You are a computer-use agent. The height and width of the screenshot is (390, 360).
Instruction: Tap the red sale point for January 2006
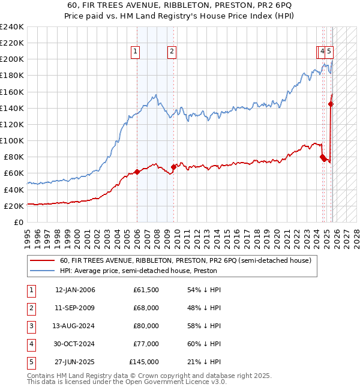click(137, 172)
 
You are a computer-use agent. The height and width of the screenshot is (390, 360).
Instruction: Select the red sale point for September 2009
click(173, 167)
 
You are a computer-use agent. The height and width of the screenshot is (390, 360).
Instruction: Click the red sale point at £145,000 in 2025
click(331, 104)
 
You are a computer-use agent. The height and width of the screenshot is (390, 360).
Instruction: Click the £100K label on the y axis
click(12, 140)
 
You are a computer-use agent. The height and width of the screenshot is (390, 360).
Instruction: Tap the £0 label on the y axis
click(18, 222)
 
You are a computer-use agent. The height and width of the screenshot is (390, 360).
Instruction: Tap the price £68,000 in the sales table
click(146, 308)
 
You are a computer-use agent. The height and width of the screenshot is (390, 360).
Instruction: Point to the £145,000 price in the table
click(144, 362)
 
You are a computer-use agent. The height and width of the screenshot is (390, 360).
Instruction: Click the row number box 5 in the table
click(31, 362)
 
